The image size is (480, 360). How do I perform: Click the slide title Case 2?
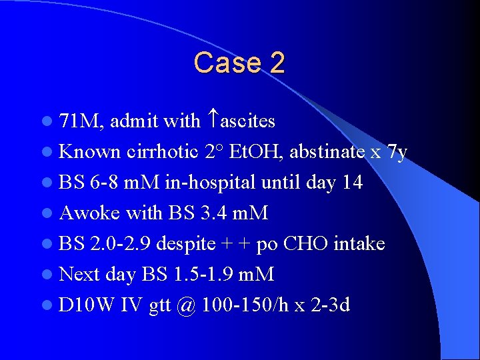239,63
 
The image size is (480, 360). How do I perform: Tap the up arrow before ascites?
213,120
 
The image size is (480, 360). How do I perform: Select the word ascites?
247,121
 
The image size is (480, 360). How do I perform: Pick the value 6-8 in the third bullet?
103,183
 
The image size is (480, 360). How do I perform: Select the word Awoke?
89,213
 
